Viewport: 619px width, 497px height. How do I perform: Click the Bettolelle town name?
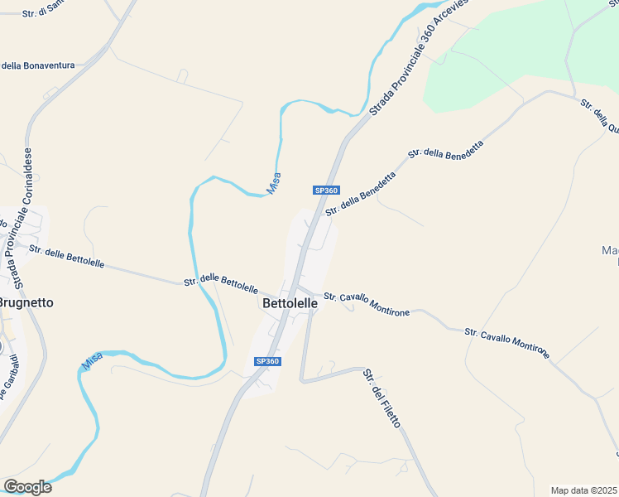coord(290,303)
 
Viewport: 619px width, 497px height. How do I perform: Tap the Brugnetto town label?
coord(25,302)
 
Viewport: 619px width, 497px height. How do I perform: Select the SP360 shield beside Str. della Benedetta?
coord(327,191)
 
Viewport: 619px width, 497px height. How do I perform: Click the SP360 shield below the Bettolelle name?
coord(268,361)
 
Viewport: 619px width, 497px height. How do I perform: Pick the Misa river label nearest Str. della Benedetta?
coord(274,183)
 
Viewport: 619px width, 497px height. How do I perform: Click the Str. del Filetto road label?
coord(381,398)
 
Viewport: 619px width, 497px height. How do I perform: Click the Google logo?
coord(27,487)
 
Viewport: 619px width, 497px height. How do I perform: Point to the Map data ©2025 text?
coord(584,490)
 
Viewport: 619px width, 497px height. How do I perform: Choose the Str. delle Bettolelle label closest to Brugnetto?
coord(66,257)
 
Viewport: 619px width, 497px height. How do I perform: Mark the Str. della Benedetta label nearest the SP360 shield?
coord(360,194)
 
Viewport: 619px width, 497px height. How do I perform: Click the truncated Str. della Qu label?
coord(600,117)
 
